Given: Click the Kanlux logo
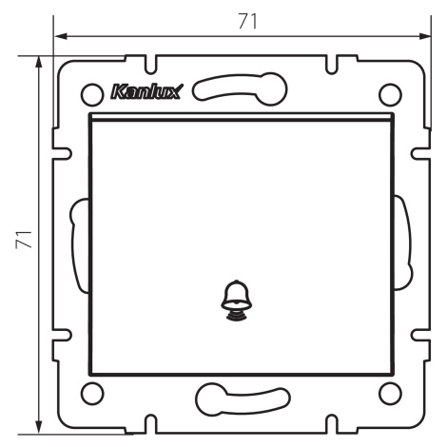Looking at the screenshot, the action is click(146, 92).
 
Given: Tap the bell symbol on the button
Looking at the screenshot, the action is click(237, 300).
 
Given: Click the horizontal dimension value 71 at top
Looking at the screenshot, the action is click(247, 21).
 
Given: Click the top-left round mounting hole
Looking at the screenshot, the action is click(92, 94).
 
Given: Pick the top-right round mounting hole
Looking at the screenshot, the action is click(390, 94).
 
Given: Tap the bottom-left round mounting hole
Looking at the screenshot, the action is click(92, 394).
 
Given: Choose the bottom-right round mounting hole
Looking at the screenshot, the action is click(390, 394).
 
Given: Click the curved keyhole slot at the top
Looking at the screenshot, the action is click(240, 88).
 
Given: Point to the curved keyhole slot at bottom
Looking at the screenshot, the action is click(243, 399).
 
